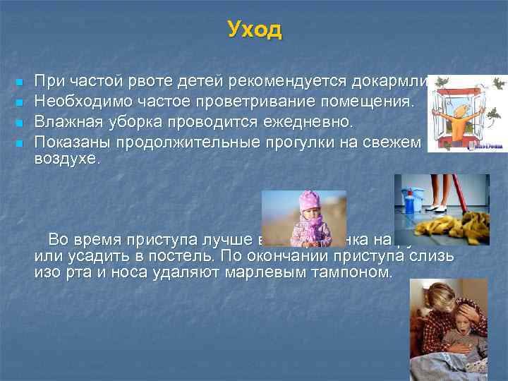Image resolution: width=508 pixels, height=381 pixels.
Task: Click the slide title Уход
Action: [254, 30]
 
